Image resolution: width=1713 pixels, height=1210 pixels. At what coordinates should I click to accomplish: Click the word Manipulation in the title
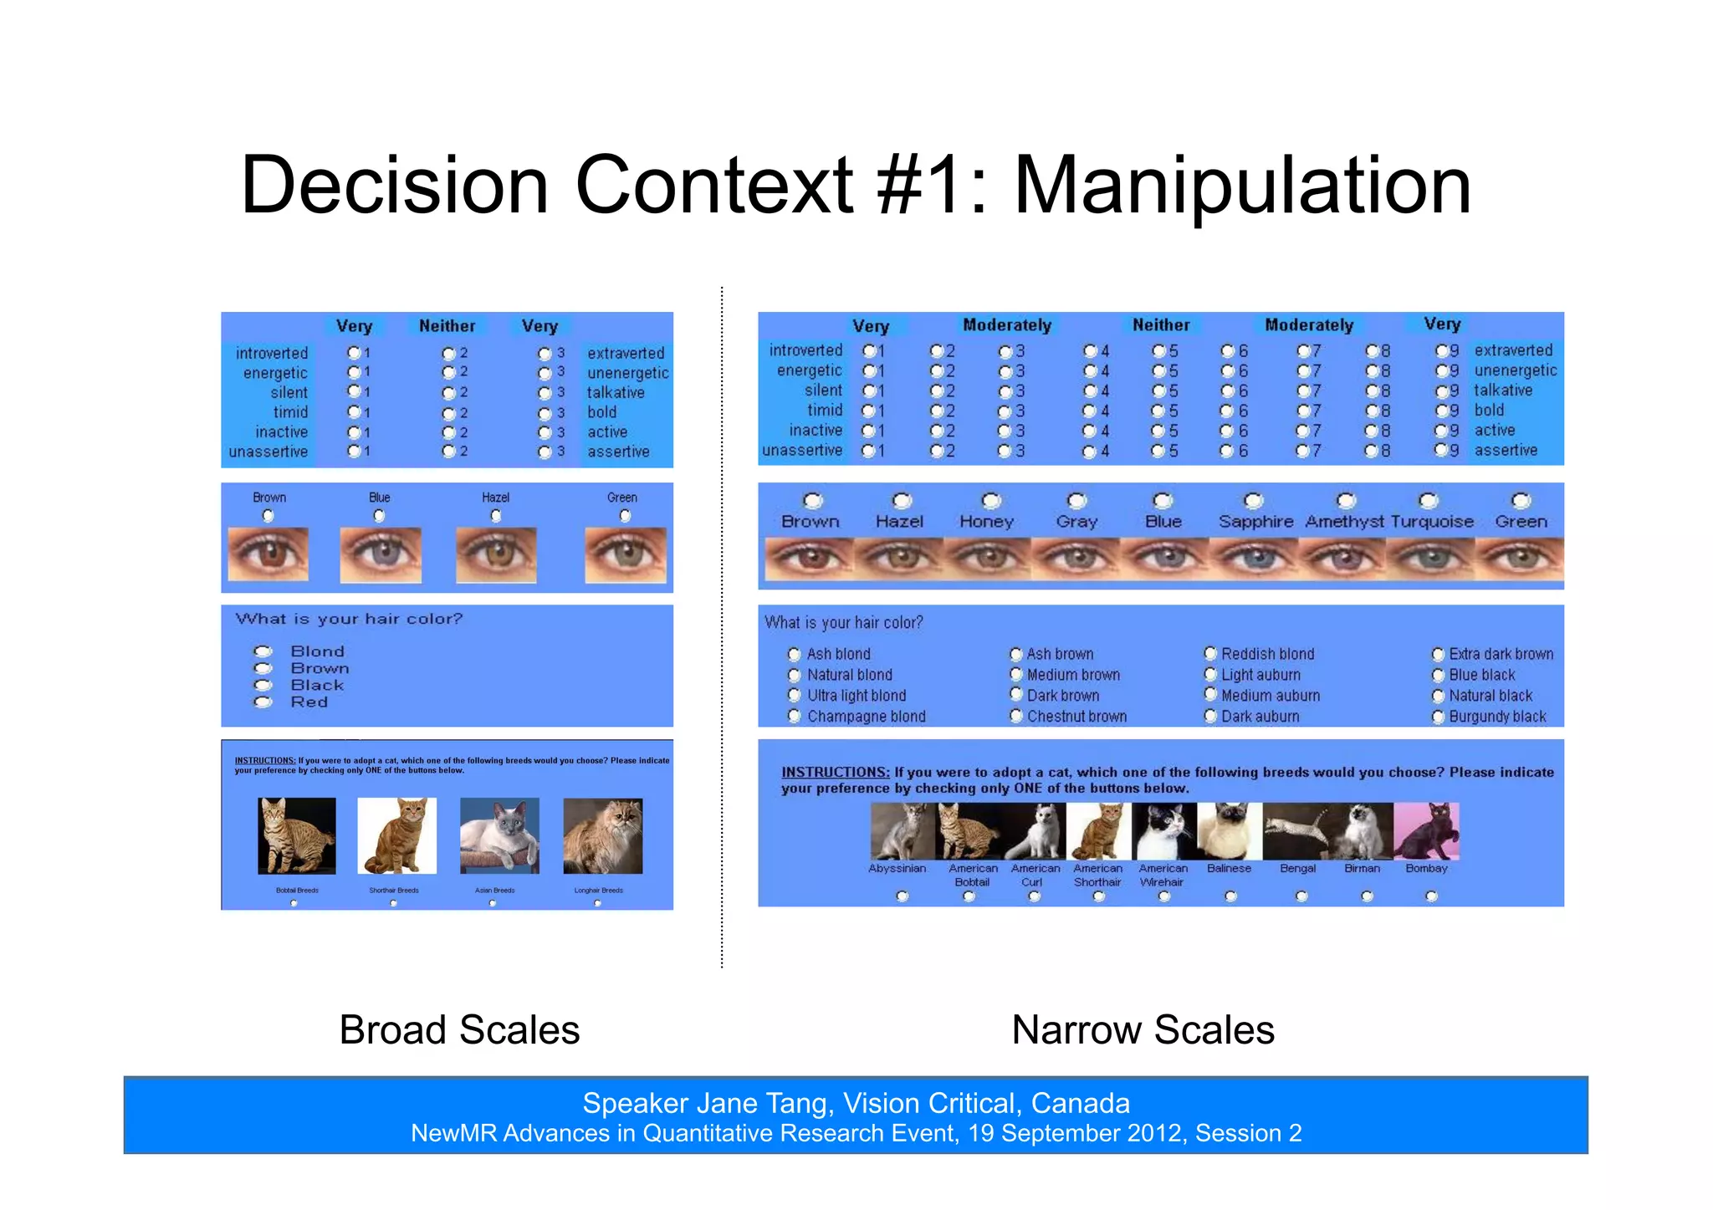coord(1242,186)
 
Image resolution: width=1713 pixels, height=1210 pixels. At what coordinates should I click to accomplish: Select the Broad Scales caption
coord(459,1029)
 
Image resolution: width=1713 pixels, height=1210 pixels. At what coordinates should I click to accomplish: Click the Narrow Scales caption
coord(1143,1029)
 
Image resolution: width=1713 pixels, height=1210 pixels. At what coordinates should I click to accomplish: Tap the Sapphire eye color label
coord(1255,522)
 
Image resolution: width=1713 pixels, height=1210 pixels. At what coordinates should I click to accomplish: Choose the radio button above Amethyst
coord(1345,501)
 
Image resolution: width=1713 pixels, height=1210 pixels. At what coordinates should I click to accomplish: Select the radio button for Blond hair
coord(263,651)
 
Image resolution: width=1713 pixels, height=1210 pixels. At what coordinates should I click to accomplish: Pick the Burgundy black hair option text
coord(1497,717)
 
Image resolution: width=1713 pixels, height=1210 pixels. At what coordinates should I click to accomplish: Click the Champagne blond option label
coord(866,717)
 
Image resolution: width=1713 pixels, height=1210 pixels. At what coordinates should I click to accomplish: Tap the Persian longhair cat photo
coord(602,835)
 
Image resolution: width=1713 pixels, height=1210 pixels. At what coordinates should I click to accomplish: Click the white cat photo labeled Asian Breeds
coord(499,835)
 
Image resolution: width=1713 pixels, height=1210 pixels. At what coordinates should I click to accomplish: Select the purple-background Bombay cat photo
coord(1427,831)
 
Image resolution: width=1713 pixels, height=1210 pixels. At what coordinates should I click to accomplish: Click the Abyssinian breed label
coord(897,869)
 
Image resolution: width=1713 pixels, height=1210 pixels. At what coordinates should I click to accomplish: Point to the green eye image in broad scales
coord(625,555)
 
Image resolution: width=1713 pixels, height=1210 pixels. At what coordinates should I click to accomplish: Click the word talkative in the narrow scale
coord(1502,391)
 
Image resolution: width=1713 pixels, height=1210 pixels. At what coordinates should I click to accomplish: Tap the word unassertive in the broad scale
coord(268,452)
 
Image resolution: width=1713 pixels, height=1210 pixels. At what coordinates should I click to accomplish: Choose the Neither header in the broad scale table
coord(447,326)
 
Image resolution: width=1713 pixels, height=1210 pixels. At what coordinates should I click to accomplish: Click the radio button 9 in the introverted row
coord(1441,351)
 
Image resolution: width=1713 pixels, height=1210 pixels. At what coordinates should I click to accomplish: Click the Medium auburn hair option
coord(1270,696)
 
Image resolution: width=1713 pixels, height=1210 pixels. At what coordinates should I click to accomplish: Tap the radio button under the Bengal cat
coord(1301,896)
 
